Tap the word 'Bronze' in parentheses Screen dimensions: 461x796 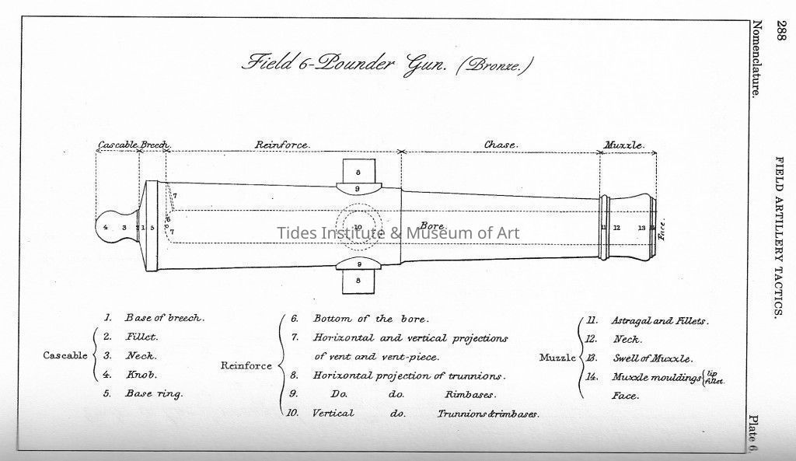pos(494,65)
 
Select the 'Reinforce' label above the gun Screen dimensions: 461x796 pos(282,145)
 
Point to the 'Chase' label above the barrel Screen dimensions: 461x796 pos(501,145)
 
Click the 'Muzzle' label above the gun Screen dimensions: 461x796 pos(624,145)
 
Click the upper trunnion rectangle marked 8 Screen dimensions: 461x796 pos(358,172)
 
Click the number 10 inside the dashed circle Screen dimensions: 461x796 pos(358,227)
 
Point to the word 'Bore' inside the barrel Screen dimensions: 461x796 pos(432,226)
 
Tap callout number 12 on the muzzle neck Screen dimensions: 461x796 pos(616,228)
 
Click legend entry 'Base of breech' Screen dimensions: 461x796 pos(164,318)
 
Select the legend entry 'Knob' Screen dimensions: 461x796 pos(141,375)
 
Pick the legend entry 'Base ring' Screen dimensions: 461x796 pos(154,393)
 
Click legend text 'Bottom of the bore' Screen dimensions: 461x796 pos(370,319)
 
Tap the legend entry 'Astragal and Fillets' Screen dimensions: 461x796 pos(660,320)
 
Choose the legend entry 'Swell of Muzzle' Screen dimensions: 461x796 pos(651,358)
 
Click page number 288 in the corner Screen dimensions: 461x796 pos(780,32)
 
